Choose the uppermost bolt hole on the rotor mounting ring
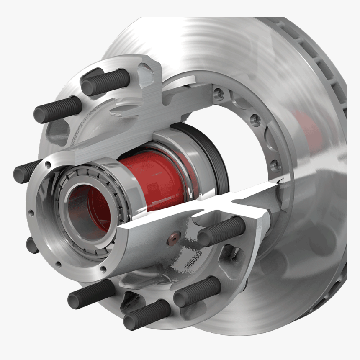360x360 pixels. (218, 95)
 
